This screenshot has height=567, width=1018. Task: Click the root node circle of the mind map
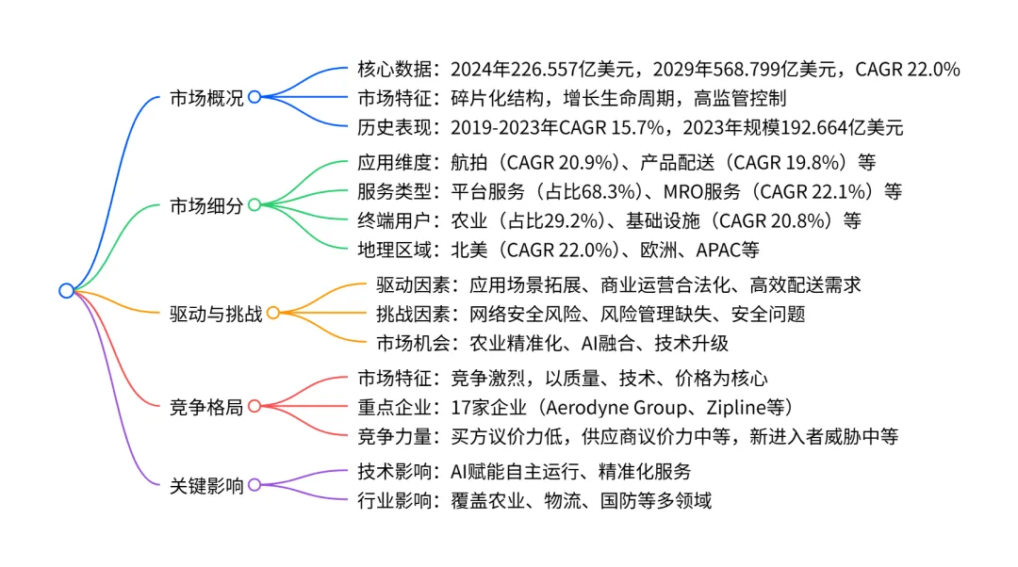click(x=66, y=290)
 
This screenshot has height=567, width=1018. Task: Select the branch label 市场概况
click(x=206, y=98)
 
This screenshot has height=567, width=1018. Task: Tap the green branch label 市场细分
click(x=206, y=205)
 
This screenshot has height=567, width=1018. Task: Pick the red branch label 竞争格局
click(x=206, y=407)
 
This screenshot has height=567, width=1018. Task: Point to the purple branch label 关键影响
click(x=206, y=486)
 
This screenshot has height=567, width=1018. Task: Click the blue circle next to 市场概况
click(x=254, y=97)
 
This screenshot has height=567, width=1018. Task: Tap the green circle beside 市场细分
click(x=254, y=204)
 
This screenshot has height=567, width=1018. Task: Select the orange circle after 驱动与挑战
click(x=273, y=313)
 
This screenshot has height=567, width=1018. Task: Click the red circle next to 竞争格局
click(x=254, y=406)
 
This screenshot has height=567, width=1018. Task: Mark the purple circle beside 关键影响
click(x=254, y=485)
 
